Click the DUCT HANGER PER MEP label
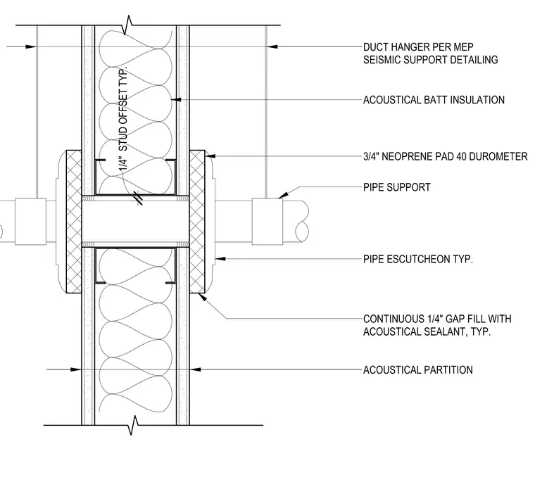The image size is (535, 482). click(418, 46)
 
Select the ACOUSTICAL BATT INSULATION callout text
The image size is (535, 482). click(434, 100)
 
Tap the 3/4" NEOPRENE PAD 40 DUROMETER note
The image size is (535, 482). click(446, 157)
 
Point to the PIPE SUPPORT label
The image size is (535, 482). click(397, 187)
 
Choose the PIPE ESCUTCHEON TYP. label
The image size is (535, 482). click(418, 259)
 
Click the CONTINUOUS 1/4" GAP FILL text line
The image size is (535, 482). click(437, 319)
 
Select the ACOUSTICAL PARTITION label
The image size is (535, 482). click(418, 370)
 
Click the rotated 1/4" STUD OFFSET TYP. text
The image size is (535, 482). click(123, 119)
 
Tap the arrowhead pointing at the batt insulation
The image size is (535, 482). click(175, 100)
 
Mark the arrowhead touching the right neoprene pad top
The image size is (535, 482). click(210, 156)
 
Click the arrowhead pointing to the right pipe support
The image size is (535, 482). click(283, 195)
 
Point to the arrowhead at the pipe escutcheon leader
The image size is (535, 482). click(220, 259)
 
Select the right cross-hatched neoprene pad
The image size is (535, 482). click(197, 222)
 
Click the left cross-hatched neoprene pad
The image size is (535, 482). click(74, 222)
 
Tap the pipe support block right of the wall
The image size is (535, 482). click(267, 222)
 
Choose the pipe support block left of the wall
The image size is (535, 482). click(30, 222)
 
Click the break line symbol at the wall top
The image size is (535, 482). click(128, 25)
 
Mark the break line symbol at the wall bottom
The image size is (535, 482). click(134, 425)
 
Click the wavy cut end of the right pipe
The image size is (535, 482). click(302, 222)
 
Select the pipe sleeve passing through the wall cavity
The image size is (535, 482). click(135, 222)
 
